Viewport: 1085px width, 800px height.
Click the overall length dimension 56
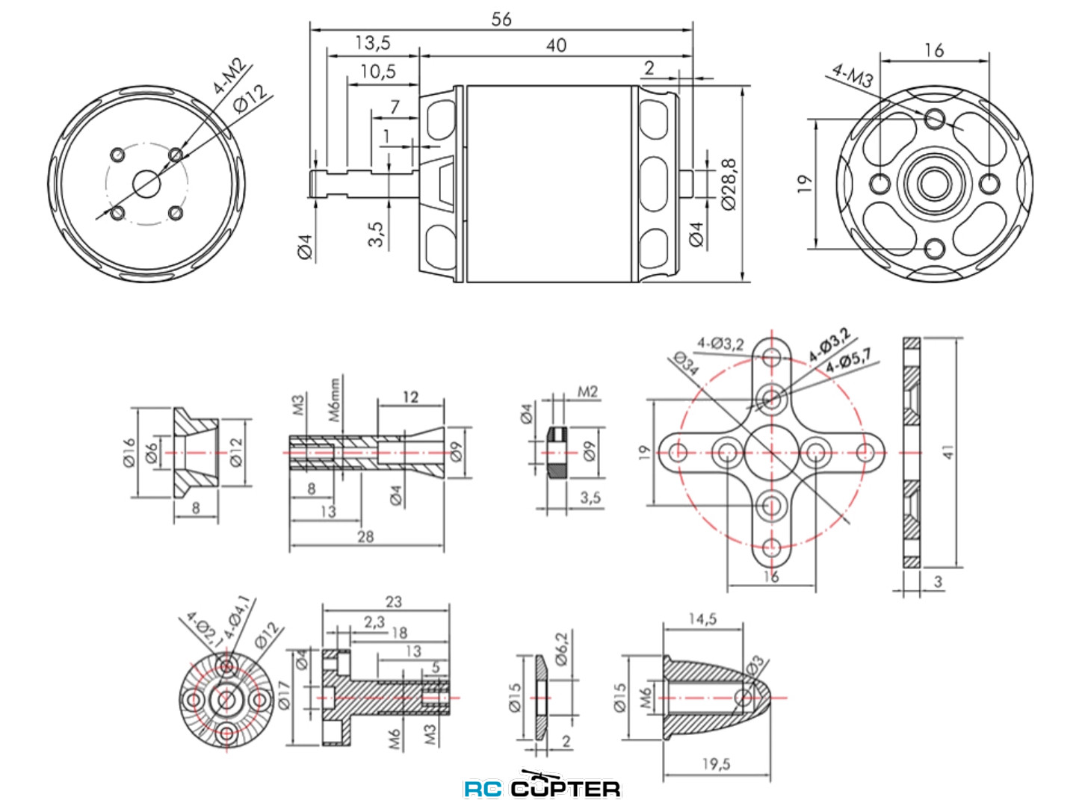pyautogui.click(x=501, y=19)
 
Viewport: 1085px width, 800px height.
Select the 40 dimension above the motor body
pyautogui.click(x=556, y=45)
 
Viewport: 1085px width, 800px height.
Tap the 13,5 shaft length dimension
pyautogui.click(x=372, y=43)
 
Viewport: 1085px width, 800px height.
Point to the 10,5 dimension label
pyautogui.click(x=378, y=72)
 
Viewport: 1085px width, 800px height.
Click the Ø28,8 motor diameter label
pyautogui.click(x=729, y=184)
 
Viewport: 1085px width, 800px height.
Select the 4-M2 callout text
pyautogui.click(x=230, y=76)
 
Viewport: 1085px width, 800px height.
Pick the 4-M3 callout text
pyautogui.click(x=853, y=75)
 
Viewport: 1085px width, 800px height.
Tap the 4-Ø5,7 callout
pyautogui.click(x=848, y=361)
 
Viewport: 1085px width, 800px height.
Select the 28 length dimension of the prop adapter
pyautogui.click(x=365, y=536)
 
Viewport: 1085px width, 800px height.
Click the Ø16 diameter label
pyautogui.click(x=129, y=453)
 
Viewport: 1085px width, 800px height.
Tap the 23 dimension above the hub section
pyautogui.click(x=393, y=601)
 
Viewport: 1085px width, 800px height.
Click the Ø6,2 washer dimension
pyautogui.click(x=562, y=648)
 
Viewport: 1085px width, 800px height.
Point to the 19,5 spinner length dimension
pyautogui.click(x=716, y=763)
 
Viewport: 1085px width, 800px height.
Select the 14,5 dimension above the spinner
pyautogui.click(x=702, y=618)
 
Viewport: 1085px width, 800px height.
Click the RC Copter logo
pyautogui.click(x=542, y=787)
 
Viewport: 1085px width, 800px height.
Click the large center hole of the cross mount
pyautogui.click(x=771, y=452)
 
